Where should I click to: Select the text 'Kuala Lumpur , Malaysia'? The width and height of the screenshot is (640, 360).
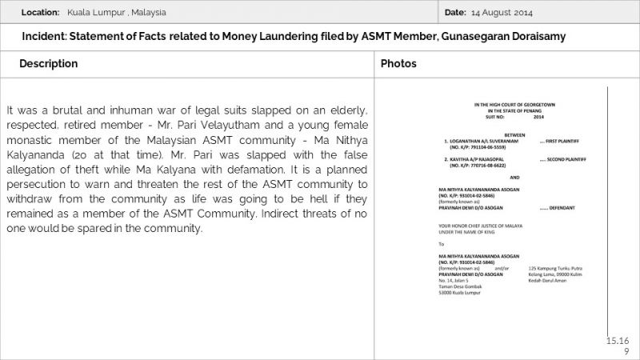tap(117, 13)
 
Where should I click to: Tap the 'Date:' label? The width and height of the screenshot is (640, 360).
tap(454, 13)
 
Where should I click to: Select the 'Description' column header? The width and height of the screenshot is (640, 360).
tap(49, 63)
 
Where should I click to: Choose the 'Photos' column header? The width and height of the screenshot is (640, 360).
tap(398, 63)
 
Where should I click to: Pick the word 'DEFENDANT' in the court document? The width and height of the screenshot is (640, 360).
tap(558, 207)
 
